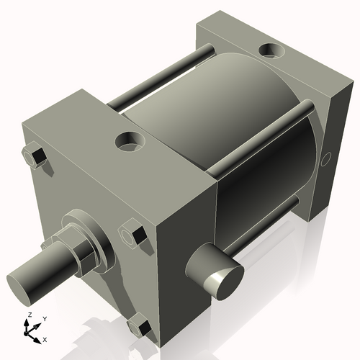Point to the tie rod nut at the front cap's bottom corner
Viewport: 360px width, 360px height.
[x=141, y=328]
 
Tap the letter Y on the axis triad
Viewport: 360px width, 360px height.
[x=44, y=318]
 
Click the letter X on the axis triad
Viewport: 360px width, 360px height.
[x=45, y=338]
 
